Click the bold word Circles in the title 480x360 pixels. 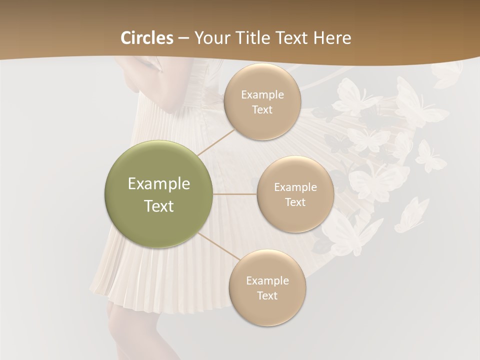tap(147, 38)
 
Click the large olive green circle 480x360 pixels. tap(158, 194)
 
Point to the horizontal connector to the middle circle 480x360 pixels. tap(235, 194)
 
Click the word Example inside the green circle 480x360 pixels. tap(158, 184)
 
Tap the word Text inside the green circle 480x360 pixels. tap(158, 206)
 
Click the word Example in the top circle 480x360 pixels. tap(262, 95)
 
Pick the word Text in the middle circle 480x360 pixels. tap(295, 202)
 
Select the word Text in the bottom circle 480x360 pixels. tap(267, 295)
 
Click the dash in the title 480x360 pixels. tap(183, 38)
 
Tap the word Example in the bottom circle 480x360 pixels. tap(267, 280)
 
